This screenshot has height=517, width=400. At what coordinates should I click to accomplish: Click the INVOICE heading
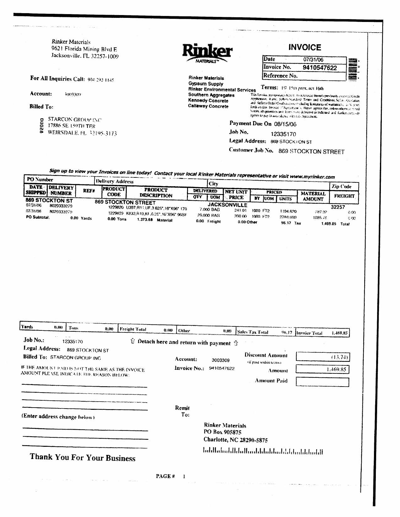(305, 47)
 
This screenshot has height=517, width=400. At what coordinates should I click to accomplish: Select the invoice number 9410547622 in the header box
(319, 68)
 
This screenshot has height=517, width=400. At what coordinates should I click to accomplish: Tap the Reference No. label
(280, 76)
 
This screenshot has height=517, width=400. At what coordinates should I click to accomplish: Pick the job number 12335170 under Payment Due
(283, 134)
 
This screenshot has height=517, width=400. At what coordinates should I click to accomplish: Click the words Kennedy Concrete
(208, 101)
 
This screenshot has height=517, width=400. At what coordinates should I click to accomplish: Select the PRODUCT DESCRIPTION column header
(156, 193)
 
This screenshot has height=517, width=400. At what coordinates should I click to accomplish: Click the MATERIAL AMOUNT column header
(313, 196)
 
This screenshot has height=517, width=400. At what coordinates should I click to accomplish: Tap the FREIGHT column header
(344, 196)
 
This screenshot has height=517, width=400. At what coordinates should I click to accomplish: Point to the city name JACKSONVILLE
(227, 205)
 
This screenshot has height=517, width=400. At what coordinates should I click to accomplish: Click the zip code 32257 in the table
(338, 207)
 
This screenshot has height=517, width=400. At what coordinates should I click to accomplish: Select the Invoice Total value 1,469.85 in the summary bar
(339, 333)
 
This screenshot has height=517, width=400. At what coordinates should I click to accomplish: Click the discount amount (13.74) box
(322, 357)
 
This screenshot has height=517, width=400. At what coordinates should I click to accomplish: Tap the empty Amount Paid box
(322, 382)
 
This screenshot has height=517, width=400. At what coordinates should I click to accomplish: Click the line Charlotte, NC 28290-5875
(235, 440)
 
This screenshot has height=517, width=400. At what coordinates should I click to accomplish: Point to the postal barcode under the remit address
(263, 451)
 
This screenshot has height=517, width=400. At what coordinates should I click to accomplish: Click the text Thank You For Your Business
(83, 457)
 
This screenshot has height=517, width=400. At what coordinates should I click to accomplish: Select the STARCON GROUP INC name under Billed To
(75, 119)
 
